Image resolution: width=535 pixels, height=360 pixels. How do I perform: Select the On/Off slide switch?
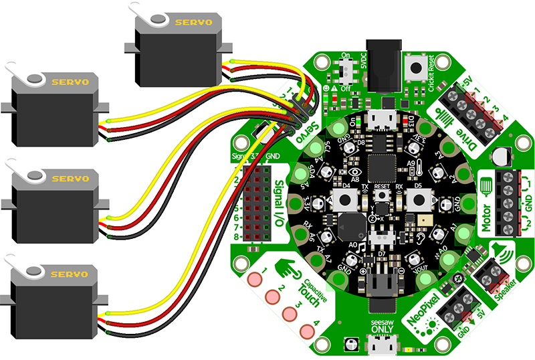(348, 68)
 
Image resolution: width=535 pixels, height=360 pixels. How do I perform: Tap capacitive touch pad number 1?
(255, 279)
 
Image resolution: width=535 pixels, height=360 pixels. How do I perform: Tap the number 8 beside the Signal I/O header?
(237, 237)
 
